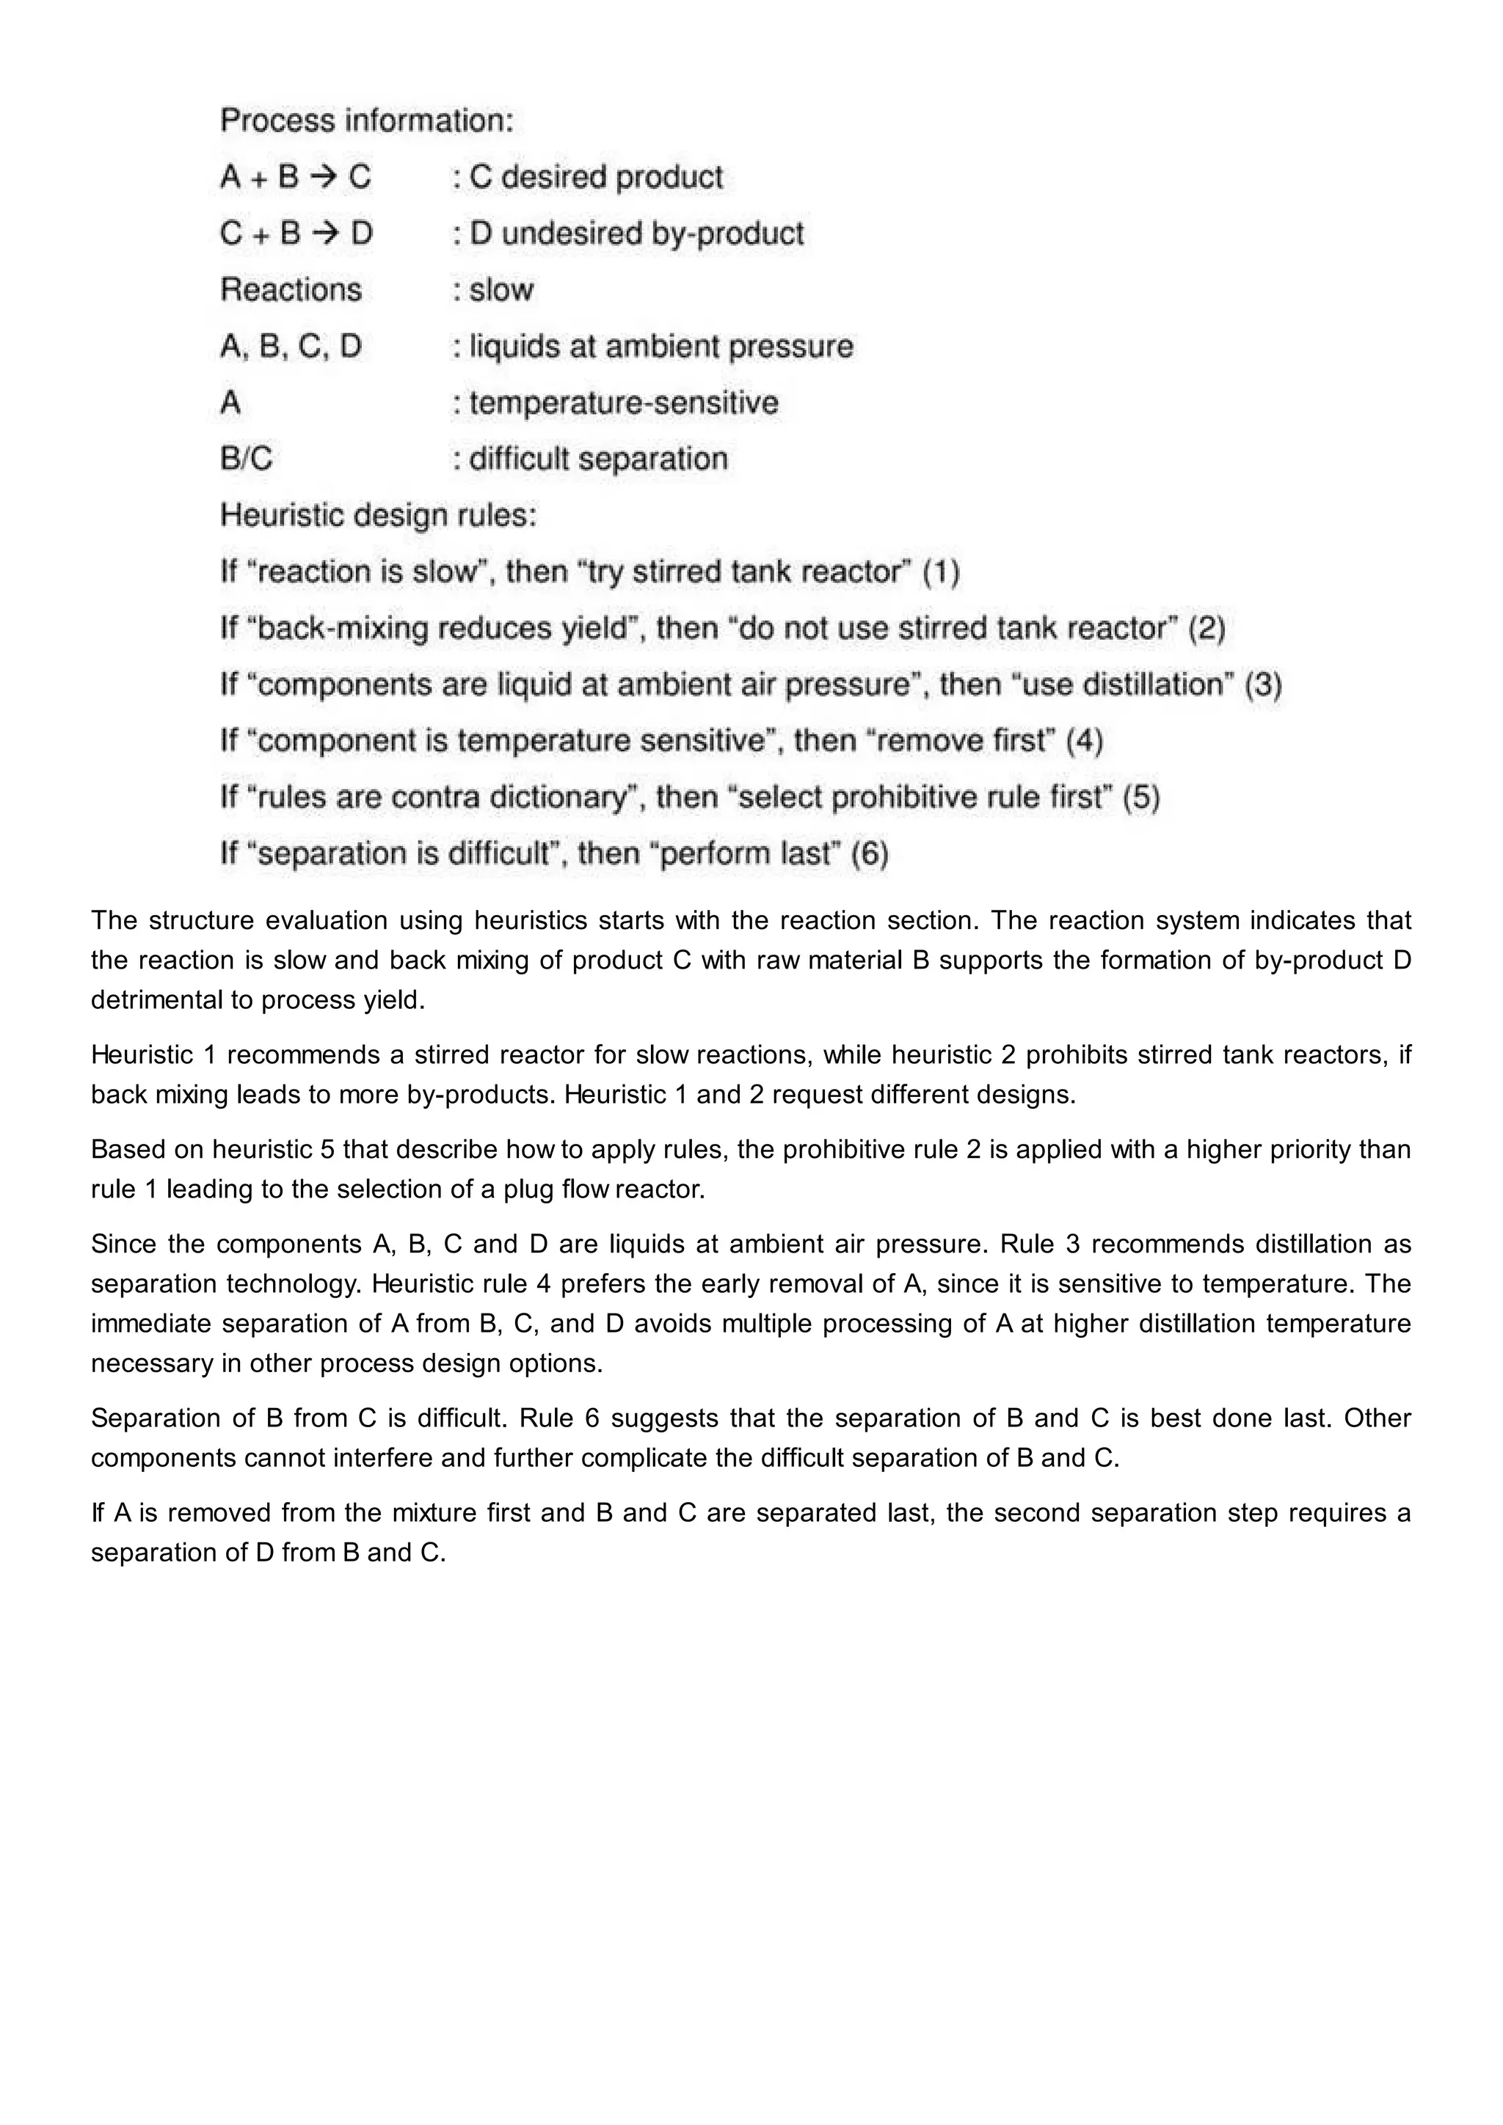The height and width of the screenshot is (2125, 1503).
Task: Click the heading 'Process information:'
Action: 366,120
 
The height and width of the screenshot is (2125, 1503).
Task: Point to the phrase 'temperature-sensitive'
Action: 623,403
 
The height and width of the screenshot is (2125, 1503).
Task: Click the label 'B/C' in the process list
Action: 246,459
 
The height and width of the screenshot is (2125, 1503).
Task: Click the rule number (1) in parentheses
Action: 942,572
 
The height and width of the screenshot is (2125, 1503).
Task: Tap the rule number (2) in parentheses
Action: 1207,628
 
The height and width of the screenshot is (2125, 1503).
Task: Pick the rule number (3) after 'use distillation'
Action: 1262,685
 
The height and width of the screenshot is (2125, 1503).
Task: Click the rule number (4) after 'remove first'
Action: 1085,741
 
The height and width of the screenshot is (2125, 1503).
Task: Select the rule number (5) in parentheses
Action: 1141,798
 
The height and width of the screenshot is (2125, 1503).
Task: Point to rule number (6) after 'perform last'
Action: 869,854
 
